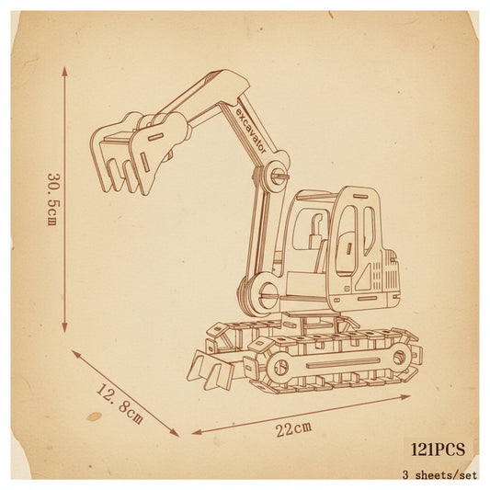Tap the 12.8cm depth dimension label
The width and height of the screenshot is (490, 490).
[x=120, y=404]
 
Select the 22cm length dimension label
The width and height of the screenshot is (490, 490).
[x=293, y=428]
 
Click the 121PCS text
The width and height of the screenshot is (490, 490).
[x=438, y=450]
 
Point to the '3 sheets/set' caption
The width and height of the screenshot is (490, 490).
[x=440, y=475]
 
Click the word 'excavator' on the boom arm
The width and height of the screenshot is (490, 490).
[x=251, y=131]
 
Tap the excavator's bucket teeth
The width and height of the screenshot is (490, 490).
[x=122, y=177]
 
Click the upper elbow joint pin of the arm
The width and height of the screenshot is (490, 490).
[x=278, y=177]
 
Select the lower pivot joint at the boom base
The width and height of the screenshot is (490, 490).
[x=268, y=294]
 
